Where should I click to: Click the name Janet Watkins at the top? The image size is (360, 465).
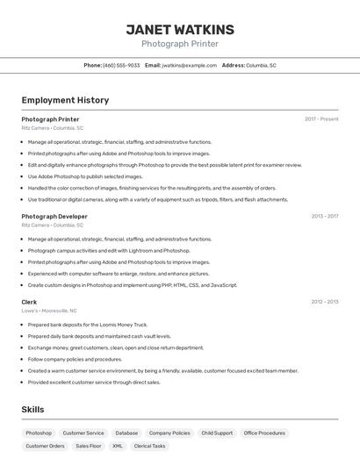(x=180, y=29)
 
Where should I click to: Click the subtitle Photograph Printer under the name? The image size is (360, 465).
(x=180, y=44)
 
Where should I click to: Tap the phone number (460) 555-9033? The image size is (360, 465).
(x=121, y=66)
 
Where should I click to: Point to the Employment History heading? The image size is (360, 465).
(x=65, y=100)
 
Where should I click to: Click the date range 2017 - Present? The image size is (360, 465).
(x=321, y=119)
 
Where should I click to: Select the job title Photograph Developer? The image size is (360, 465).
(x=54, y=217)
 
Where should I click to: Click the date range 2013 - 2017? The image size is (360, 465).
(x=324, y=217)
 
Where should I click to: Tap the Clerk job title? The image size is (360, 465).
(x=29, y=302)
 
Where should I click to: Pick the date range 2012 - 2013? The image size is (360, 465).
(x=324, y=302)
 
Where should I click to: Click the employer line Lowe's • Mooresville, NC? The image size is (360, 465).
(x=49, y=311)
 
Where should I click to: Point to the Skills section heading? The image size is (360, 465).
(x=32, y=410)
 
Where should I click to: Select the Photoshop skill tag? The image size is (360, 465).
(x=39, y=433)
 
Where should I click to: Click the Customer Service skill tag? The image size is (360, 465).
(x=83, y=433)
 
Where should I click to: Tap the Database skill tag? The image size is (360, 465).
(x=126, y=433)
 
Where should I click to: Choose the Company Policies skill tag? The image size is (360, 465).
(x=169, y=433)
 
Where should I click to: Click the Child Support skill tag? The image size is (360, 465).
(x=217, y=433)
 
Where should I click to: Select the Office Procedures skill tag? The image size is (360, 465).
(x=264, y=433)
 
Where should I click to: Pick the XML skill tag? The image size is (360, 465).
(x=117, y=447)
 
